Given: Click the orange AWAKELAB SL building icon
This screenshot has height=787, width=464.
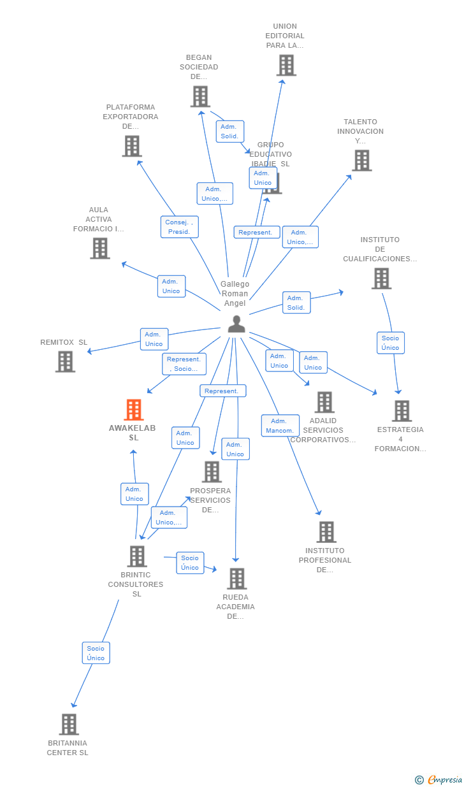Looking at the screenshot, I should point(134,410).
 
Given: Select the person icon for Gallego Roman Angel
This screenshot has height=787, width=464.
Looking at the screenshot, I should point(236,324).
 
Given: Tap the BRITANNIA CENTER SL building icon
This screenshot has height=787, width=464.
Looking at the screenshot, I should point(69,725).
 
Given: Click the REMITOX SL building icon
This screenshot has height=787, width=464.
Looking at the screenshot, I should point(65,361).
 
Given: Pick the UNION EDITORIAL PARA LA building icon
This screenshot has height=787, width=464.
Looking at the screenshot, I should point(286,65).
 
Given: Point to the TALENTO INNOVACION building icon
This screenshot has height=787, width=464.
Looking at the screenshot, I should point(362,161).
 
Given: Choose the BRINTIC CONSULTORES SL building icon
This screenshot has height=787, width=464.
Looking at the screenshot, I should point(137,556).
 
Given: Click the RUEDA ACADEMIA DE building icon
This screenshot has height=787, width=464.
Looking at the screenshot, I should point(237,579).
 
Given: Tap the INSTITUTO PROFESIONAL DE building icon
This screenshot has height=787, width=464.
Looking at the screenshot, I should point(326,532).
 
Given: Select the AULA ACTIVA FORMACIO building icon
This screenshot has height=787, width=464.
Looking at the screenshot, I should point(100,249).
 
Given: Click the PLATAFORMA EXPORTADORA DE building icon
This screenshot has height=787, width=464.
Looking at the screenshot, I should point(132,146).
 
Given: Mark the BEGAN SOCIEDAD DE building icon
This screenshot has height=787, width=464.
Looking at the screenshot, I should point(200,96).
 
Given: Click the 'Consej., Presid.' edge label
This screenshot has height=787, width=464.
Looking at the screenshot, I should point(179,227).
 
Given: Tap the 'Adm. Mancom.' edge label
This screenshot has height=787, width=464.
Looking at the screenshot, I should point(280,426).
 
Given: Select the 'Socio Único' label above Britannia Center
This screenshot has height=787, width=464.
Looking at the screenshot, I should point(96,653).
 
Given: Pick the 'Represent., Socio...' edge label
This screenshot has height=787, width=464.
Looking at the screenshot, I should point(184,364).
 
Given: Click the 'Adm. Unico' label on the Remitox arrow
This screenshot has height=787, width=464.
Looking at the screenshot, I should point(154,339).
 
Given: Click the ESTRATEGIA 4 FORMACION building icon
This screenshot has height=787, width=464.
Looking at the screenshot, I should point(402,411).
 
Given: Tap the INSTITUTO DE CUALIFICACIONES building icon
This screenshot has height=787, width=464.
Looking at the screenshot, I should point(381,278).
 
